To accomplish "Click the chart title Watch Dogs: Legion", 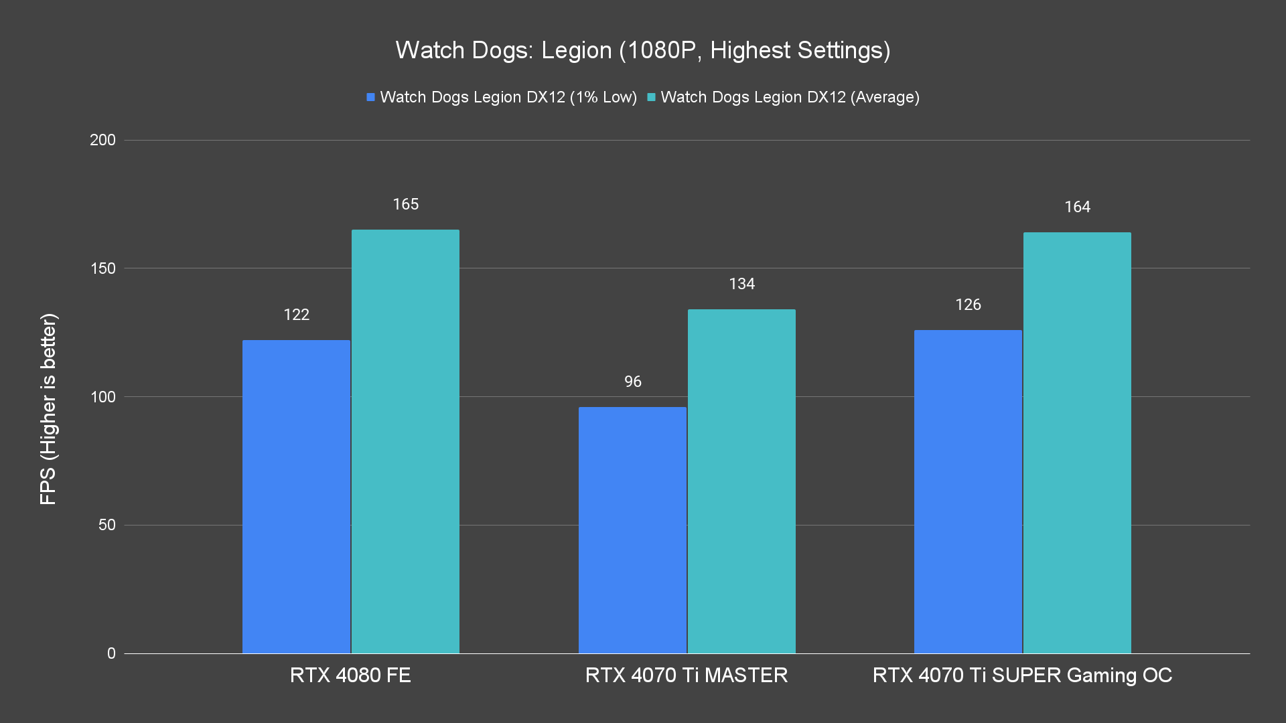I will (x=642, y=50).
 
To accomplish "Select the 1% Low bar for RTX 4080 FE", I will (x=296, y=496).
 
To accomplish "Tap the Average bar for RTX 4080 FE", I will (x=405, y=441).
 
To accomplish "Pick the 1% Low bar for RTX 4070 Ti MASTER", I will (x=632, y=530).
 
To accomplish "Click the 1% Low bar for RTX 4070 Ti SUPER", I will (x=968, y=491).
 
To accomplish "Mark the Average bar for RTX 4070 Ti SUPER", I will (x=1077, y=443).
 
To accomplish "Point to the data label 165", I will (x=405, y=204).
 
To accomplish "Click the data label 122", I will (x=296, y=315).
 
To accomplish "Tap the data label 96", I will (x=632, y=382).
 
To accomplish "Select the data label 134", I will (x=741, y=284).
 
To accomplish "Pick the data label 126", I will (x=968, y=305).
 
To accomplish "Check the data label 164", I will (x=1077, y=207).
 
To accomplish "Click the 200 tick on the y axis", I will (x=102, y=140).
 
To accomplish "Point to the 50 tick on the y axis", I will (x=107, y=525).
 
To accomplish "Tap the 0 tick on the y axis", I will (x=111, y=653).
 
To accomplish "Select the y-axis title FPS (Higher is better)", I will (x=48, y=408).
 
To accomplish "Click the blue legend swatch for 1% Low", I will (x=370, y=97).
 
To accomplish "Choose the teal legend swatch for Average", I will (x=651, y=97).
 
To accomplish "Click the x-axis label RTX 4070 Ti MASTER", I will (x=686, y=675).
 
